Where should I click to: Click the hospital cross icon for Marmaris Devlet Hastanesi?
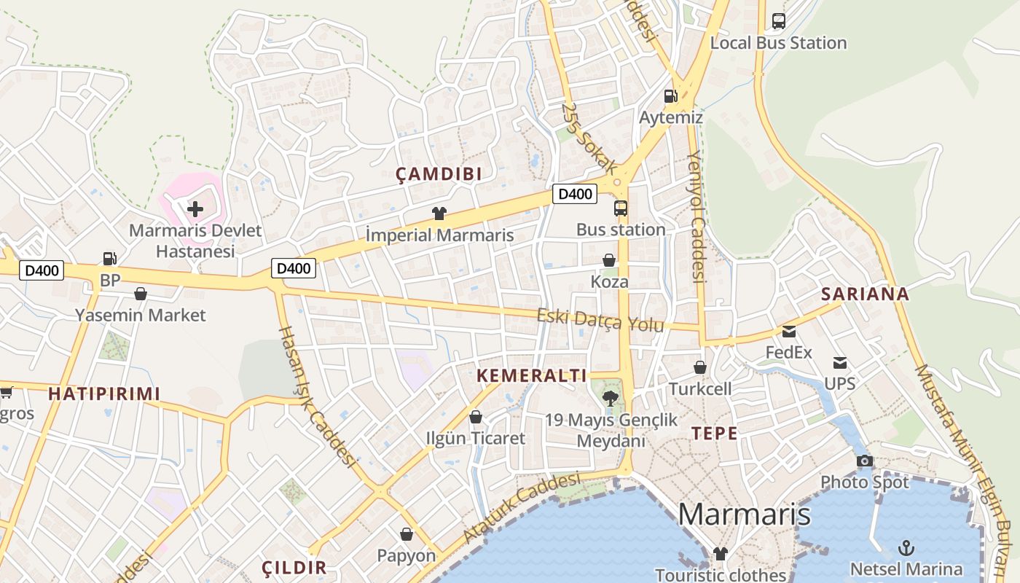click(195, 209)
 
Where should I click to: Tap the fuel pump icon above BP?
click(109, 258)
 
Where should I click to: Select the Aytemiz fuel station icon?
click(670, 95)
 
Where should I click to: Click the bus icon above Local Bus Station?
click(779, 21)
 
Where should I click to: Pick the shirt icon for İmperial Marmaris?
click(439, 214)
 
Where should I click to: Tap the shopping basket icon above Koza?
click(609, 260)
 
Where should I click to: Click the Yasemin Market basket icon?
click(141, 294)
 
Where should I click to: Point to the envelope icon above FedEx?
click(789, 332)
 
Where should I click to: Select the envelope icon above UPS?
click(840, 362)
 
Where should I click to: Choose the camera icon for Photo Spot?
click(865, 461)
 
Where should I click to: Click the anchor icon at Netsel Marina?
click(906, 547)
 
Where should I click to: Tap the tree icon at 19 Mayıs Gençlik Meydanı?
click(611, 398)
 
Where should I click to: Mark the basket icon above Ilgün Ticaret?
click(476, 417)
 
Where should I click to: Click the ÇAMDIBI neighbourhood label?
click(439, 173)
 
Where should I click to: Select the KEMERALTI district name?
click(532, 376)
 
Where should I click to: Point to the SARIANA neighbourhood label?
click(866, 294)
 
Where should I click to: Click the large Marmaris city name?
click(744, 514)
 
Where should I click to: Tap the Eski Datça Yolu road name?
click(600, 320)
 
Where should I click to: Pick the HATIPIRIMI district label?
click(104, 394)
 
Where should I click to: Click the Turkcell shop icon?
click(700, 367)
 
